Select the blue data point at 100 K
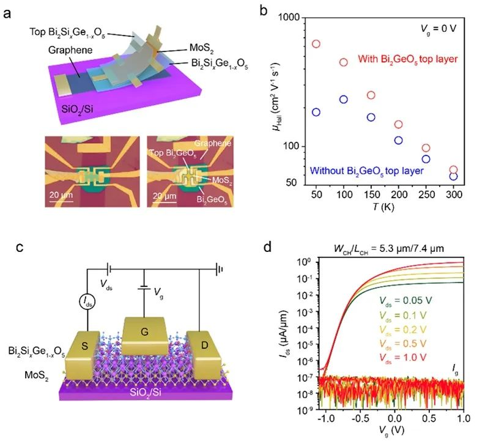(x=343, y=99)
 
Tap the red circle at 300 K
(x=453, y=170)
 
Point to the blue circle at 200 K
(x=398, y=140)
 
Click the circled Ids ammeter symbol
(x=86, y=302)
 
